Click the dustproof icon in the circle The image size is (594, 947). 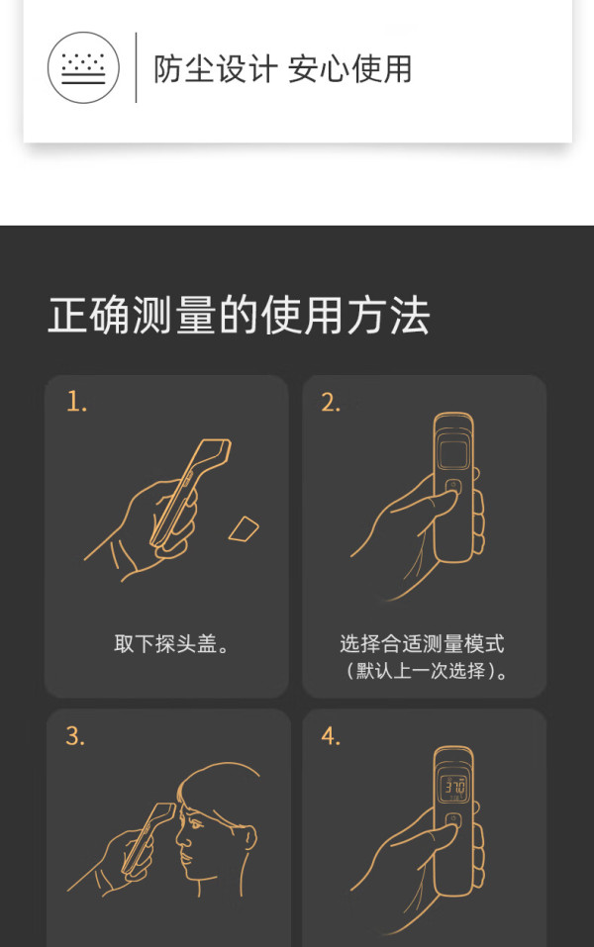83,67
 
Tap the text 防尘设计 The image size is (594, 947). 215,69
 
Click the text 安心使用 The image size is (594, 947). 349,69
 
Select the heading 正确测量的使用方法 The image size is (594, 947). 240,316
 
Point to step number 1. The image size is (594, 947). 76,402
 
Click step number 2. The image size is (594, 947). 331,402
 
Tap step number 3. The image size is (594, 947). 75,736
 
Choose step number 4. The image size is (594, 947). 331,736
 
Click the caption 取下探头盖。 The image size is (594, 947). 171,644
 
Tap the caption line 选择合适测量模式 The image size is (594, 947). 422,644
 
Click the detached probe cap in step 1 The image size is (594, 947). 244,529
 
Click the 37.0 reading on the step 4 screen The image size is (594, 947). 454,787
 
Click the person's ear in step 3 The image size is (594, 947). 248,836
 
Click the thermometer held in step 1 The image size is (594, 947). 191,493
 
